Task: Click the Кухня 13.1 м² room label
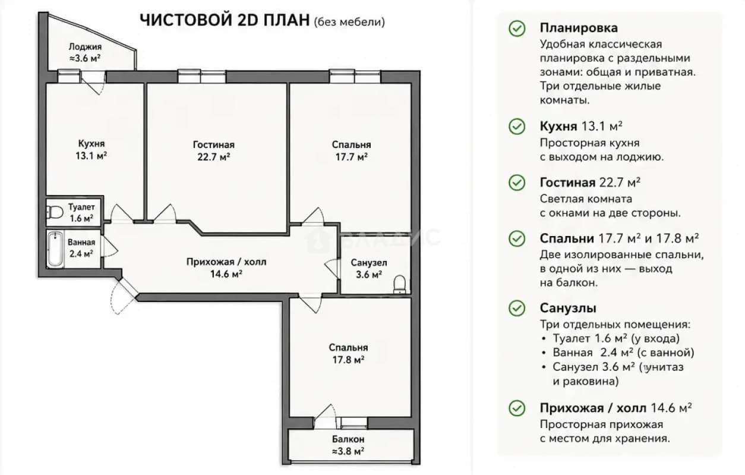pos(91,149)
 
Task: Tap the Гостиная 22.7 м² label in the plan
pos(213,150)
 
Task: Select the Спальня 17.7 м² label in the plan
pos(351,150)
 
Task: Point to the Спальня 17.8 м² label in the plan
pos(348,354)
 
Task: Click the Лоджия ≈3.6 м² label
pos(85,52)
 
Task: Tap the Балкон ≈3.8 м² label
pos(348,445)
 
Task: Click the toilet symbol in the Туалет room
pos(55,212)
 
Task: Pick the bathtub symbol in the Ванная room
pos(55,249)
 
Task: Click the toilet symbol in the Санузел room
pos(400,285)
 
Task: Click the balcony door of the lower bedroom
pos(326,417)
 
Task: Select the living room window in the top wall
pos(201,76)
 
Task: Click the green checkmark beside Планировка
pos(517,29)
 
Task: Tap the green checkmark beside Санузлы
pos(517,308)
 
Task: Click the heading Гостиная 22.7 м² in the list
pos(590,183)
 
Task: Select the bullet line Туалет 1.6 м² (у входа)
pos(616,338)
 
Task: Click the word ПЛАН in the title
pos(286,20)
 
